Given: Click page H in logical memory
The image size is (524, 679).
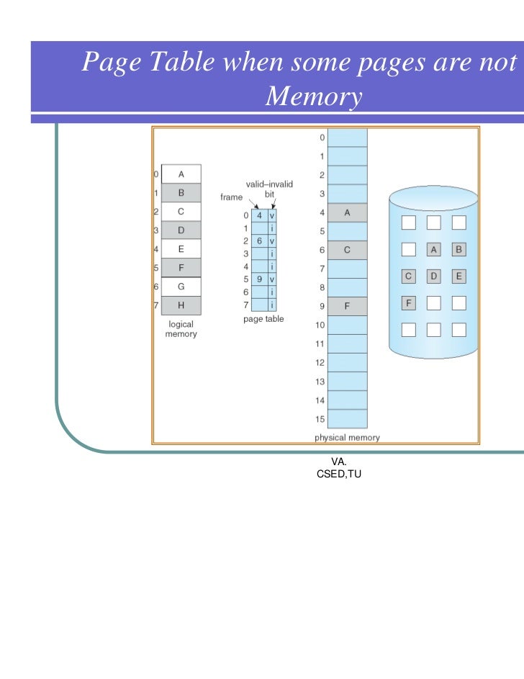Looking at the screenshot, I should coord(181,305).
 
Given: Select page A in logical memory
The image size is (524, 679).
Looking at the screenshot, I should coord(181,174).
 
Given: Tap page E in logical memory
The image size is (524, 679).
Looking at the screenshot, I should coord(181,249).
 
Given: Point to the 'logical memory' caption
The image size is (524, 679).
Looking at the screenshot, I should coord(181,330).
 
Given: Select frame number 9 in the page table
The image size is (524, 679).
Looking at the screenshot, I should coord(259,279).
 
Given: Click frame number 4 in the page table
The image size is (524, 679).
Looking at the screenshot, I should coord(259,215).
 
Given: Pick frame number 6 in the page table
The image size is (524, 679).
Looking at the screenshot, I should coord(259,240).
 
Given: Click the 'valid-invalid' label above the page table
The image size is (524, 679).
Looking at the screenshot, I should coord(269,184).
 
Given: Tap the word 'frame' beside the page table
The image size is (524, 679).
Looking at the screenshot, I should coord(231,197).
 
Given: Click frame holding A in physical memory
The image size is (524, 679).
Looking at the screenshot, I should coord(347,212).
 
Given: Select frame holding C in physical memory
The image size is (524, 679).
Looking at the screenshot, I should coord(347,250).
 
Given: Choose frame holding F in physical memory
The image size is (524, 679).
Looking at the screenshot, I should coord(347,307).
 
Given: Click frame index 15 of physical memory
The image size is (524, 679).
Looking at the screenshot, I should coord(347,419).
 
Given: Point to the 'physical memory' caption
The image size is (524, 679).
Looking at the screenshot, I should coord(347,437).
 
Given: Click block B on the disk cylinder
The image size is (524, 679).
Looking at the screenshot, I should coord(458,250).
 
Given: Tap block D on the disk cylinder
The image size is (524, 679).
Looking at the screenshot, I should coord(433,276).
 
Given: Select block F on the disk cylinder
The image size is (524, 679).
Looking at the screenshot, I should coord(408,302).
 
